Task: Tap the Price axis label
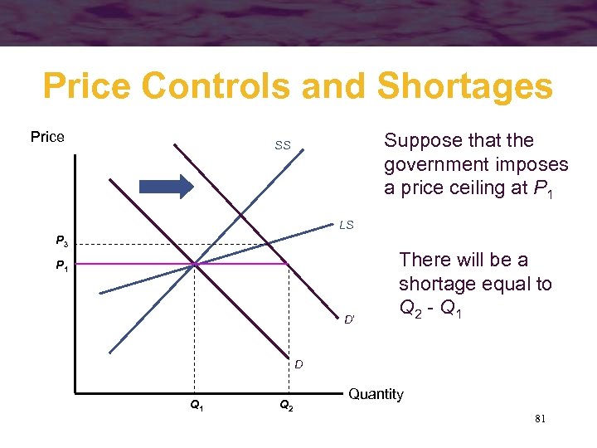[47, 137]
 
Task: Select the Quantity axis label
[376, 394]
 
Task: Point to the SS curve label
[283, 145]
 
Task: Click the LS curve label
[346, 225]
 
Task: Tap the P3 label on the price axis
[62, 242]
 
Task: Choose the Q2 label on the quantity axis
[284, 406]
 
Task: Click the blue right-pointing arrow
[166, 185]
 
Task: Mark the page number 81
[540, 421]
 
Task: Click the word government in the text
[436, 164]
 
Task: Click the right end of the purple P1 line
[286, 264]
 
